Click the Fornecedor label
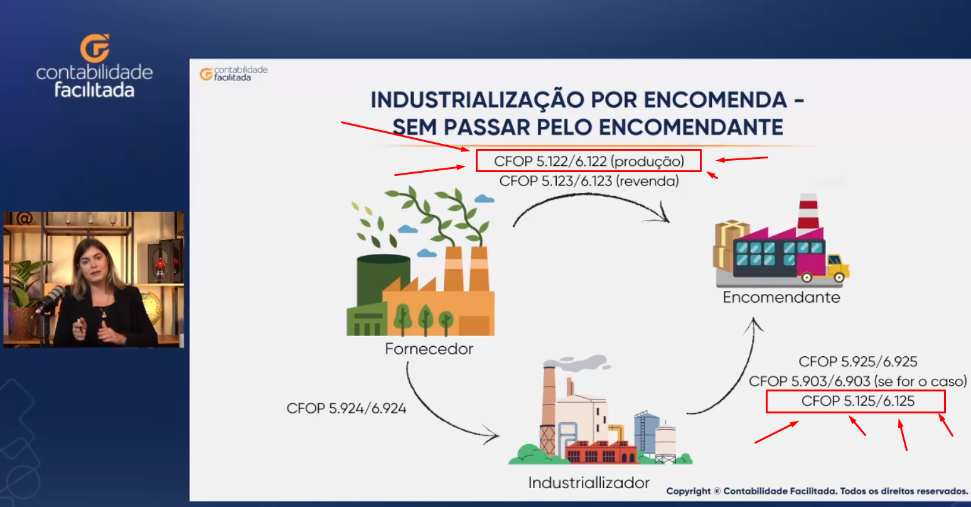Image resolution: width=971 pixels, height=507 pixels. click(x=429, y=349)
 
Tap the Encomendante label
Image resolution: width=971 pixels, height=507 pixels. click(x=781, y=298)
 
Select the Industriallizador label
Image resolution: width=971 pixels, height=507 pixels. click(x=589, y=482)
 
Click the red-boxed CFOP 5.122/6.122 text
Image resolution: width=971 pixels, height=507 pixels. click(x=589, y=161)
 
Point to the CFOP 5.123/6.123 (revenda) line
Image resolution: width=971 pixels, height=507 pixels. click(x=589, y=181)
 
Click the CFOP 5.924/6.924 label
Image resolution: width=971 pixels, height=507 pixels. click(x=346, y=408)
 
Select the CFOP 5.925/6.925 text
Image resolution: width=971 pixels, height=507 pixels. click(x=858, y=362)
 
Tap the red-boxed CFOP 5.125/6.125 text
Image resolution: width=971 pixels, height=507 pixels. click(x=858, y=401)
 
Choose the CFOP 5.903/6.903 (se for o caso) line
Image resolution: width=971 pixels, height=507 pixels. click(x=858, y=381)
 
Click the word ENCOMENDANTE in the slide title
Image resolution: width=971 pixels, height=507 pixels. click(x=690, y=128)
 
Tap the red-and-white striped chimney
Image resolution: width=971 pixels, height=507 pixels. click(x=808, y=211)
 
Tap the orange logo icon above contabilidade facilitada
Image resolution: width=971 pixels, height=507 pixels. click(x=95, y=48)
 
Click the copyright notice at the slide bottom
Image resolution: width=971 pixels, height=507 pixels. click(x=817, y=491)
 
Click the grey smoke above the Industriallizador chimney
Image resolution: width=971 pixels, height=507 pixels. click(x=578, y=363)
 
